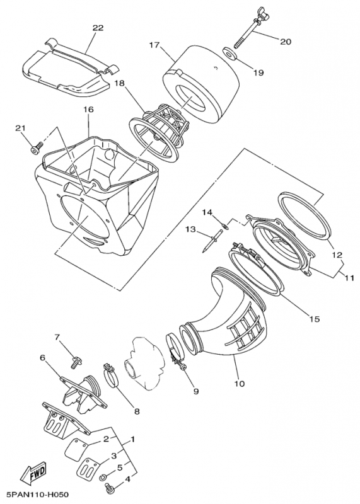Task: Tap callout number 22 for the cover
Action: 98,28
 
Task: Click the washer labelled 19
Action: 229,54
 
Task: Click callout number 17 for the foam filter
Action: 154,45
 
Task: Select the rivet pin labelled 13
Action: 212,239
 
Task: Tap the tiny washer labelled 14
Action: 226,227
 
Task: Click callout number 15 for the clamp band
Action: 315,319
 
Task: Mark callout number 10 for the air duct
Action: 240,383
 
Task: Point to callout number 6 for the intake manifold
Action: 43,358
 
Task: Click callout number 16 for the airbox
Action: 88,110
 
